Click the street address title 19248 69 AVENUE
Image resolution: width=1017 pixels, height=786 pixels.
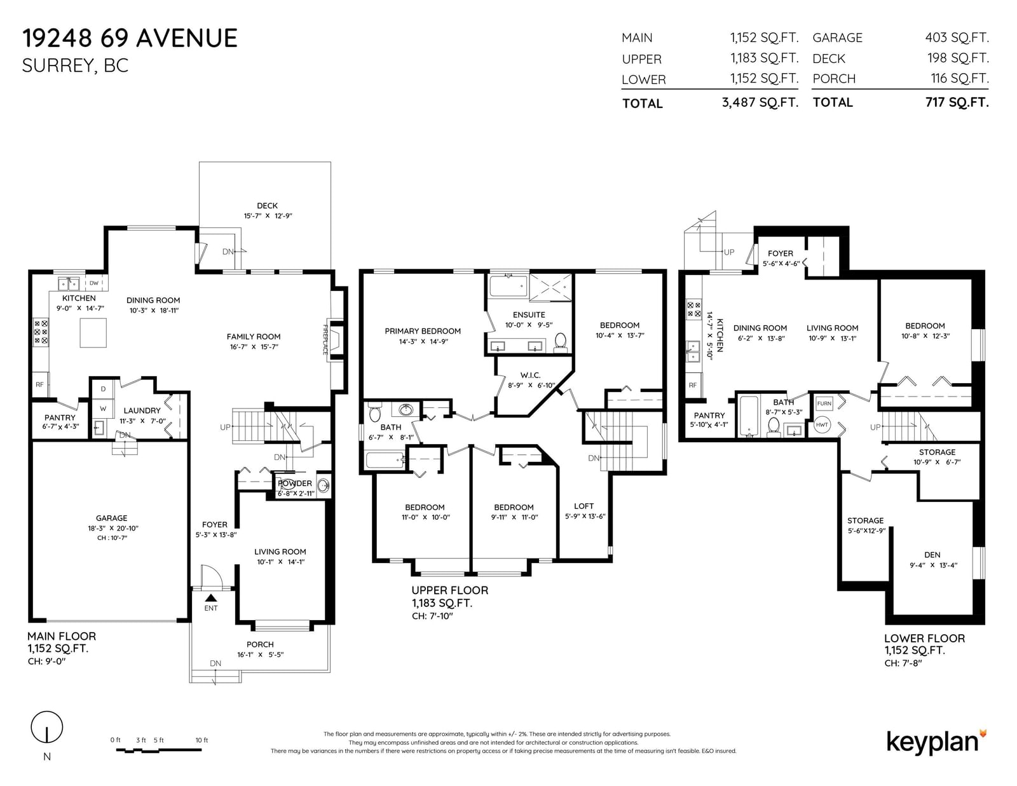(x=130, y=38)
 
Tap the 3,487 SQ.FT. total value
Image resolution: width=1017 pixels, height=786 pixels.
(x=760, y=102)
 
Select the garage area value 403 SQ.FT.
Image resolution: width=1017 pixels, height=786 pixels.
(x=957, y=37)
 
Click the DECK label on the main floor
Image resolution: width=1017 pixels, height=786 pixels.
(x=267, y=206)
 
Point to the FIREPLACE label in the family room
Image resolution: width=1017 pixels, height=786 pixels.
(x=325, y=339)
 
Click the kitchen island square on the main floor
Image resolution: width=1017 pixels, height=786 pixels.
(x=93, y=333)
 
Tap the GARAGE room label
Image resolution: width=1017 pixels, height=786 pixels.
(x=111, y=518)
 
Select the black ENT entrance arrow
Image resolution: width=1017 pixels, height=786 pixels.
(x=211, y=597)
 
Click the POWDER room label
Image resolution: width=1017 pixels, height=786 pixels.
(x=295, y=484)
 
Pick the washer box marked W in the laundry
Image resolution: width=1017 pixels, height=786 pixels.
(x=103, y=409)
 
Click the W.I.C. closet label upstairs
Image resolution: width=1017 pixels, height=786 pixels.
(x=530, y=376)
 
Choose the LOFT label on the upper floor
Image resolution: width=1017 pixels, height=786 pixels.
(x=584, y=506)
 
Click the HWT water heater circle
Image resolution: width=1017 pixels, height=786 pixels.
(x=822, y=425)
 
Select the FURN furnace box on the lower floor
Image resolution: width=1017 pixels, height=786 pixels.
(x=824, y=403)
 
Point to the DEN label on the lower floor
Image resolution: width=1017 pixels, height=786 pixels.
(x=932, y=555)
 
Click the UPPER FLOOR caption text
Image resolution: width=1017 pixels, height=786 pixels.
(x=450, y=590)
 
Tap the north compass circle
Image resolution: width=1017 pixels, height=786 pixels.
(x=47, y=726)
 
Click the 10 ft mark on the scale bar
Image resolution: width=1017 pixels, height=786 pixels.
(x=201, y=740)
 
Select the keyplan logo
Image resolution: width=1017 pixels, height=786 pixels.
(x=936, y=743)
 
